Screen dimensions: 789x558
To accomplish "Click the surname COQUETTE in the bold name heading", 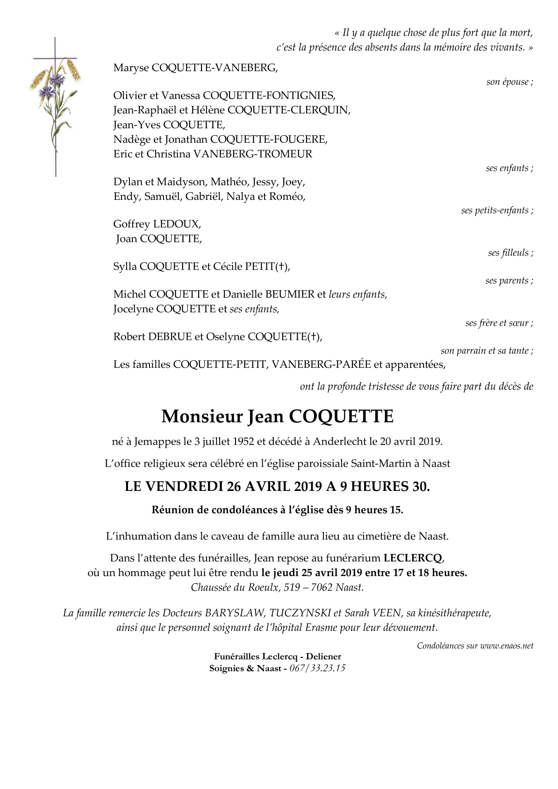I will click(341, 416).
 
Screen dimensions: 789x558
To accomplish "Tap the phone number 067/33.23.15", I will click(317, 668).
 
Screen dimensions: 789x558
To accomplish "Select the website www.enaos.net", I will click(507, 646).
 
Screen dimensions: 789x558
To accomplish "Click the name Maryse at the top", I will click(131, 68).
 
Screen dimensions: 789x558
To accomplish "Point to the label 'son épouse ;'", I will click(509, 82).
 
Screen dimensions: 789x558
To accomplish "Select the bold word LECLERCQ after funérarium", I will click(412, 558).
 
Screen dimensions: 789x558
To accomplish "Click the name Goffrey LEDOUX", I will click(157, 224).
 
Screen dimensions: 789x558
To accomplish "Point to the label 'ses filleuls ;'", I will click(510, 253).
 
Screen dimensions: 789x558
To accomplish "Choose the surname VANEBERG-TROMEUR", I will click(253, 154).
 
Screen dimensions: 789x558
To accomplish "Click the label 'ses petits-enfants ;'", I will click(497, 211).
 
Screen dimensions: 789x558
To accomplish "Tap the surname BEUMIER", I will click(290, 294).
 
